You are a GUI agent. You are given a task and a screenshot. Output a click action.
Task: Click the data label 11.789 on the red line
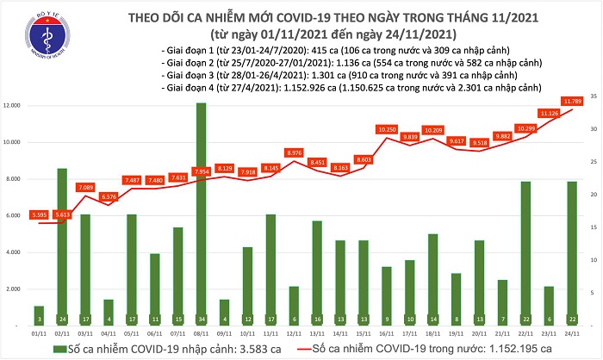click(x=573, y=101)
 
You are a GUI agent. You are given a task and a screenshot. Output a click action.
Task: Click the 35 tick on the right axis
click(x=594, y=96)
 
